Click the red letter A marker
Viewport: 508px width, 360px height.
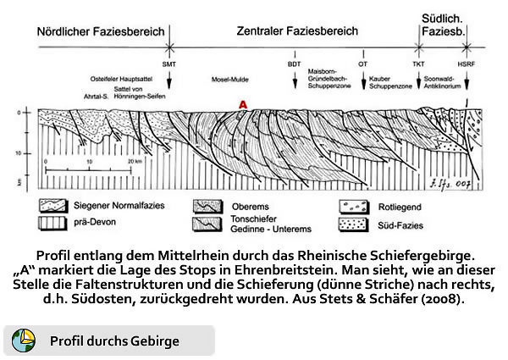[243, 104]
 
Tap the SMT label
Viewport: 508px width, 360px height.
[170, 64]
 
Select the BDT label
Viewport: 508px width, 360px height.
[295, 64]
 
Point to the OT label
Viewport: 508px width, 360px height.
[363, 64]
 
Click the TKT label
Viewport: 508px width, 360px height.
[418, 64]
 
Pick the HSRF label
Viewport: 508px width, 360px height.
[467, 64]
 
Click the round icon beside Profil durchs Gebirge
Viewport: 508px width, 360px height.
[24, 341]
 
